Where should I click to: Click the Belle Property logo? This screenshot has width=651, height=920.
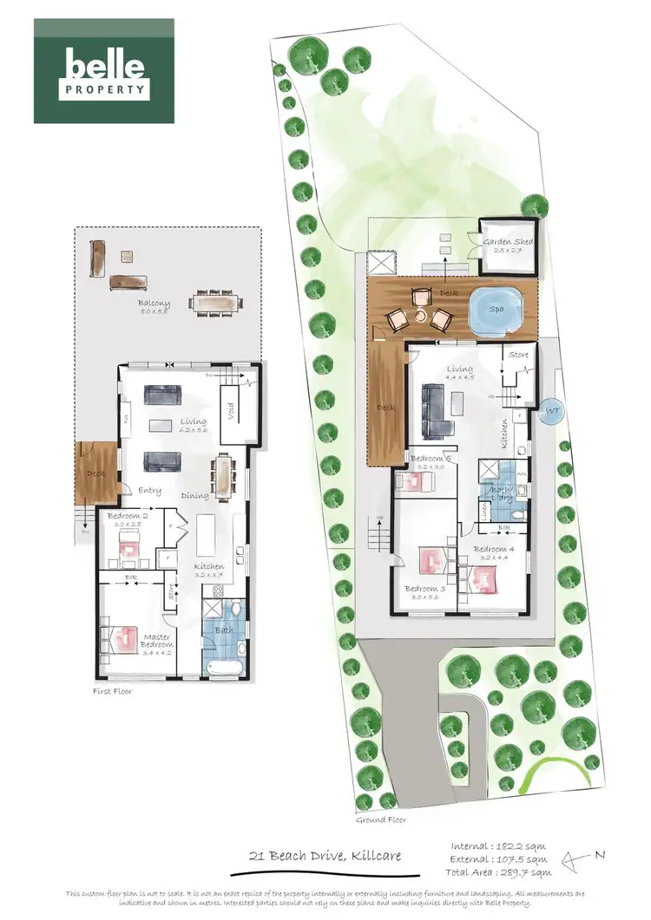coord(103,71)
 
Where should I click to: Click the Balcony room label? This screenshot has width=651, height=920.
coord(154,304)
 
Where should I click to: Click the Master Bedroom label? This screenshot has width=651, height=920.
coord(157,640)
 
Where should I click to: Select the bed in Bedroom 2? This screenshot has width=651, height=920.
coord(129,549)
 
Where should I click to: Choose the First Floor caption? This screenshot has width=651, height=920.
coord(113,692)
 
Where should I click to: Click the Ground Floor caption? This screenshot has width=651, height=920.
coord(380,819)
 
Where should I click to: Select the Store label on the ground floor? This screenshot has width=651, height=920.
coord(518,354)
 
